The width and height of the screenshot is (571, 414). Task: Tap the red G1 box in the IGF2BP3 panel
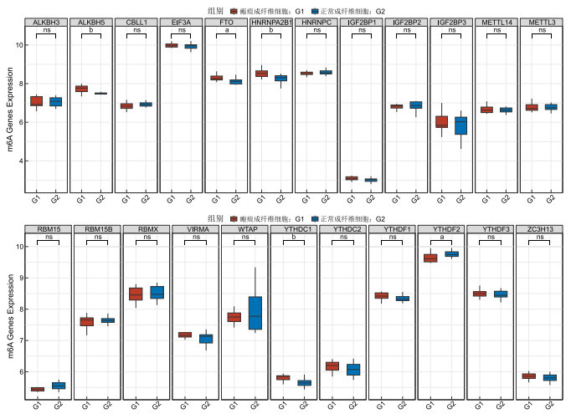pyautogui.click(x=442, y=121)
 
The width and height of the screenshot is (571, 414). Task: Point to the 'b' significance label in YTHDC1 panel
pyautogui.click(x=295, y=237)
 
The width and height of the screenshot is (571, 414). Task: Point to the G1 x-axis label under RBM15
pyautogui.click(x=37, y=406)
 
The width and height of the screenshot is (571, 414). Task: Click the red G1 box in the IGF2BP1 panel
pyautogui.click(x=352, y=178)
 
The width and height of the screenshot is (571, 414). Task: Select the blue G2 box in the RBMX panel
pyautogui.click(x=156, y=292)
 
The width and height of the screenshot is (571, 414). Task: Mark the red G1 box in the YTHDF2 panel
pyautogui.click(x=430, y=258)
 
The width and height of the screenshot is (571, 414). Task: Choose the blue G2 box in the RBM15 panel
pyautogui.click(x=58, y=386)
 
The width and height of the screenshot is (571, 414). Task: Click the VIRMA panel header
pyautogui.click(x=195, y=227)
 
